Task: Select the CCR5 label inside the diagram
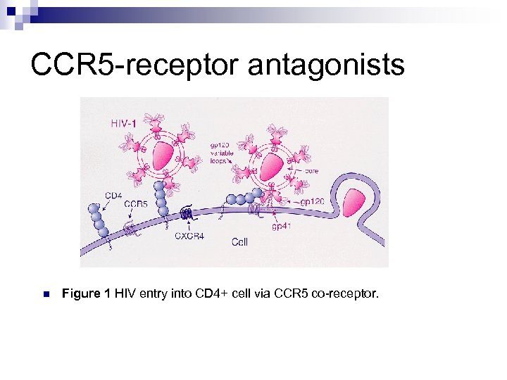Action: (x=135, y=204)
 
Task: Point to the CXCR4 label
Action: (x=189, y=236)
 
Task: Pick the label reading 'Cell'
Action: (x=239, y=242)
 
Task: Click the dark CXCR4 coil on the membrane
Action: (x=188, y=215)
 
